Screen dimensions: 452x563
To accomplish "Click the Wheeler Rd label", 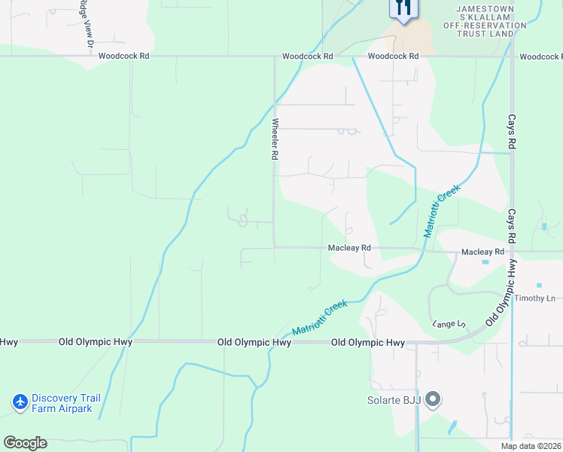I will (275, 139).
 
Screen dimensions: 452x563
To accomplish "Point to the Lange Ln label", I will (449, 324).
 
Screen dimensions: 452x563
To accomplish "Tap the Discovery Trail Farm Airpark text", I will (62, 403).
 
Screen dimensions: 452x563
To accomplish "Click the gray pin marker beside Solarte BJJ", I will (433, 399).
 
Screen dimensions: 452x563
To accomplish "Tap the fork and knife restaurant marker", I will (403, 9).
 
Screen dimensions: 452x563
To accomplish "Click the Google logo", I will (25, 443).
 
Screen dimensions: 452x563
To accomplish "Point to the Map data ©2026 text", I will (531, 446).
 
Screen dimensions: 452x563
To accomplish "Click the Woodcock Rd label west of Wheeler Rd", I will (123, 56).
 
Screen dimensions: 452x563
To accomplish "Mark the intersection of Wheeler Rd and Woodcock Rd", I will (274, 56).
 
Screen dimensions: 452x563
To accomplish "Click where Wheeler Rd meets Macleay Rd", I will (274, 247).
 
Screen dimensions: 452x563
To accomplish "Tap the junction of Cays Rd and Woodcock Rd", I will (512, 56).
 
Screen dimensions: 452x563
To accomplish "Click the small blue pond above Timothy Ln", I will (539, 285).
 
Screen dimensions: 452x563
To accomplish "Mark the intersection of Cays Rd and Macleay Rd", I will (512, 252).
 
